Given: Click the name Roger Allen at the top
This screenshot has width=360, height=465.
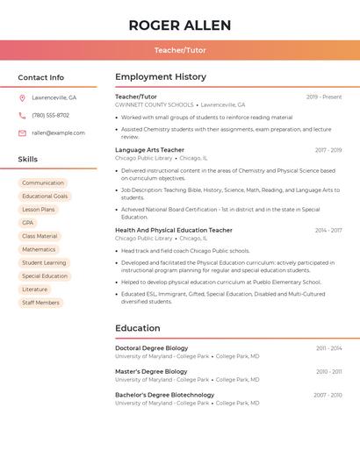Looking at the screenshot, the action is [180, 25].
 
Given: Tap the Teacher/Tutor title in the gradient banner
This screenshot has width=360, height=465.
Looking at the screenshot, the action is [180, 50].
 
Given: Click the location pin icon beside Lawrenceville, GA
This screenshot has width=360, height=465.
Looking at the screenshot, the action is [22, 98].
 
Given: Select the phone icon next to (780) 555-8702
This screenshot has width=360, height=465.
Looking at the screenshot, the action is [22, 116].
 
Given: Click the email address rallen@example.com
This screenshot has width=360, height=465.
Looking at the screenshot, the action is [59, 133].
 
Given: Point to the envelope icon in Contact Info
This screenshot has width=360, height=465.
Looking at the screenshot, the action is [22, 133].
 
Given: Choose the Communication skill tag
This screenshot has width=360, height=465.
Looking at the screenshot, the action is [43, 183].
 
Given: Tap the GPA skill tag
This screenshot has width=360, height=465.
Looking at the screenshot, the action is [28, 223].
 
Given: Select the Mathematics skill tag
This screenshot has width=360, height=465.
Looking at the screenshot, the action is [39, 249].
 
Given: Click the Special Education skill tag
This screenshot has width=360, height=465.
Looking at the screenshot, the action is [45, 276].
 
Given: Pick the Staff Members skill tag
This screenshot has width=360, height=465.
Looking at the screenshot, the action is [40, 303].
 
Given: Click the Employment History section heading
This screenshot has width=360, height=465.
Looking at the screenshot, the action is [161, 77].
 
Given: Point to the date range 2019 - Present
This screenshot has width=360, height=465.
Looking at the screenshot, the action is [324, 97].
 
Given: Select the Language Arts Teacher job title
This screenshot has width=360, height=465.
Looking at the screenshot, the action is [150, 150].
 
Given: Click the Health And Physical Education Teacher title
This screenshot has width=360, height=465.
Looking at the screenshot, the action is [174, 230].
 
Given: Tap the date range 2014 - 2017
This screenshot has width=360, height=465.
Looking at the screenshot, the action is [328, 231].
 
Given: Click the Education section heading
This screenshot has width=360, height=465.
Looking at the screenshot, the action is [138, 328].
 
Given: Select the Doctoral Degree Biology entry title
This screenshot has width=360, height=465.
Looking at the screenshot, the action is [152, 348].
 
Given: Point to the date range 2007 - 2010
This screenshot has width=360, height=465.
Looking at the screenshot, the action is [328, 396].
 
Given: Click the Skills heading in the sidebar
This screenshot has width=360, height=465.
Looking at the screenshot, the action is [28, 160].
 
